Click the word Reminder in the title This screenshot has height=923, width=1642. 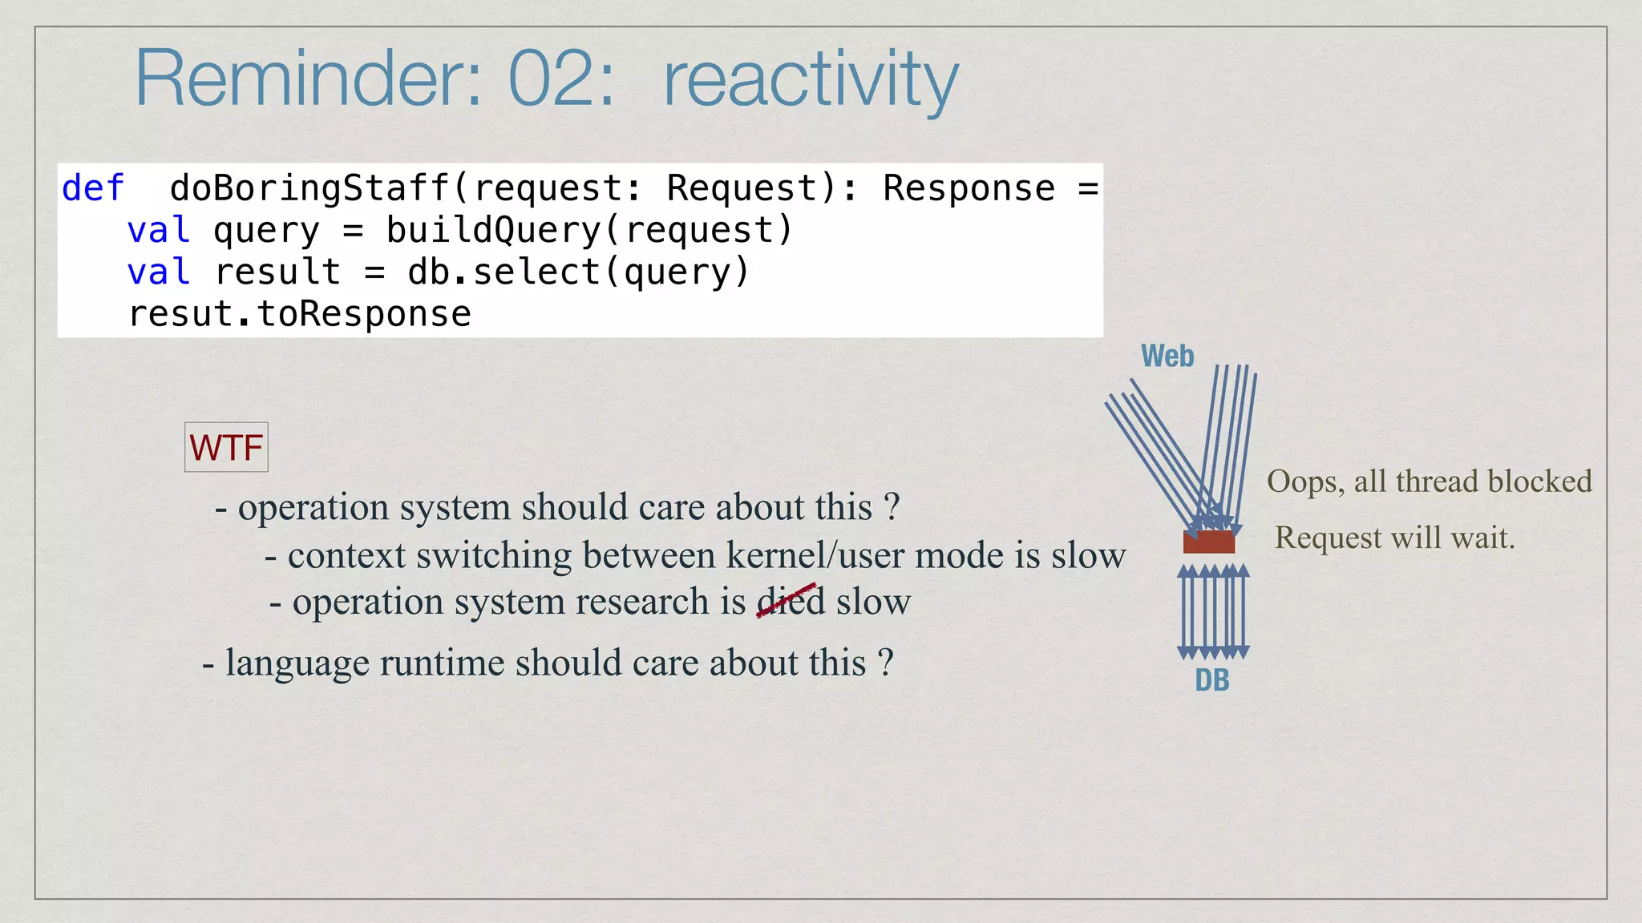tap(308, 79)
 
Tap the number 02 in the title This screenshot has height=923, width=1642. tap(560, 79)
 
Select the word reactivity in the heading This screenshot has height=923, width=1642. tap(811, 80)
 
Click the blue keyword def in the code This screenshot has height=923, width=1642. tap(93, 189)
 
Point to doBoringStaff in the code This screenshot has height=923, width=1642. tap(309, 189)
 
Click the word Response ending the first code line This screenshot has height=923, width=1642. tap(969, 189)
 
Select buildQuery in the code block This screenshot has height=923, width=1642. tap(493, 231)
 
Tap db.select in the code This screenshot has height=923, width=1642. tap(504, 272)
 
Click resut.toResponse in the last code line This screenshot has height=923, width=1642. tap(300, 314)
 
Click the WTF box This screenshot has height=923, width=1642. tap(226, 447)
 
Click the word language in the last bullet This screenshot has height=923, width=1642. tap(297, 663)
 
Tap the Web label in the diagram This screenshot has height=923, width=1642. tap(1167, 357)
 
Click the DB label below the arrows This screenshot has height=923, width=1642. tap(1211, 680)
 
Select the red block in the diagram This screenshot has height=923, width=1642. tap(1209, 542)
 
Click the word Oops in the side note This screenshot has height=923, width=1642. tap(1304, 482)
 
